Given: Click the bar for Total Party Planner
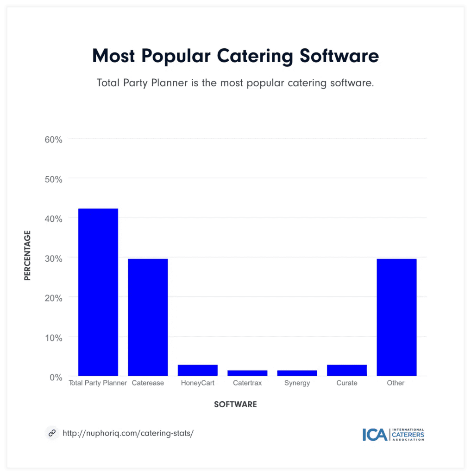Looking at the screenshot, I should [x=98, y=292].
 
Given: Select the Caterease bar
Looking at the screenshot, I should [x=148, y=317].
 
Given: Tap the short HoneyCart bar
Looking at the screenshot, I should [x=197, y=370].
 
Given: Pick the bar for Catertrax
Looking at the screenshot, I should [x=247, y=373].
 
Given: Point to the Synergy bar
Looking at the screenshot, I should [x=297, y=373].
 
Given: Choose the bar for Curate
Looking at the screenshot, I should [x=347, y=370].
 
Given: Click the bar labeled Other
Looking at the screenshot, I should [x=396, y=317].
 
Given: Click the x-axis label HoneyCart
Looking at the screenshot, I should [x=198, y=383].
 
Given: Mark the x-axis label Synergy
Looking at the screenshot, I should [x=297, y=383].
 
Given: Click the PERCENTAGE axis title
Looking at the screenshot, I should [x=27, y=255].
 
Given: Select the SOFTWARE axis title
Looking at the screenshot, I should [x=235, y=404].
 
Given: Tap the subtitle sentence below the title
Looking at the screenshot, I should [x=235, y=83].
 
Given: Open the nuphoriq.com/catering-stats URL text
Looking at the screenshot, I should [x=128, y=433].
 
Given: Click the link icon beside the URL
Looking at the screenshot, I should [x=52, y=433].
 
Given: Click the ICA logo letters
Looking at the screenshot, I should [x=375, y=434].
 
